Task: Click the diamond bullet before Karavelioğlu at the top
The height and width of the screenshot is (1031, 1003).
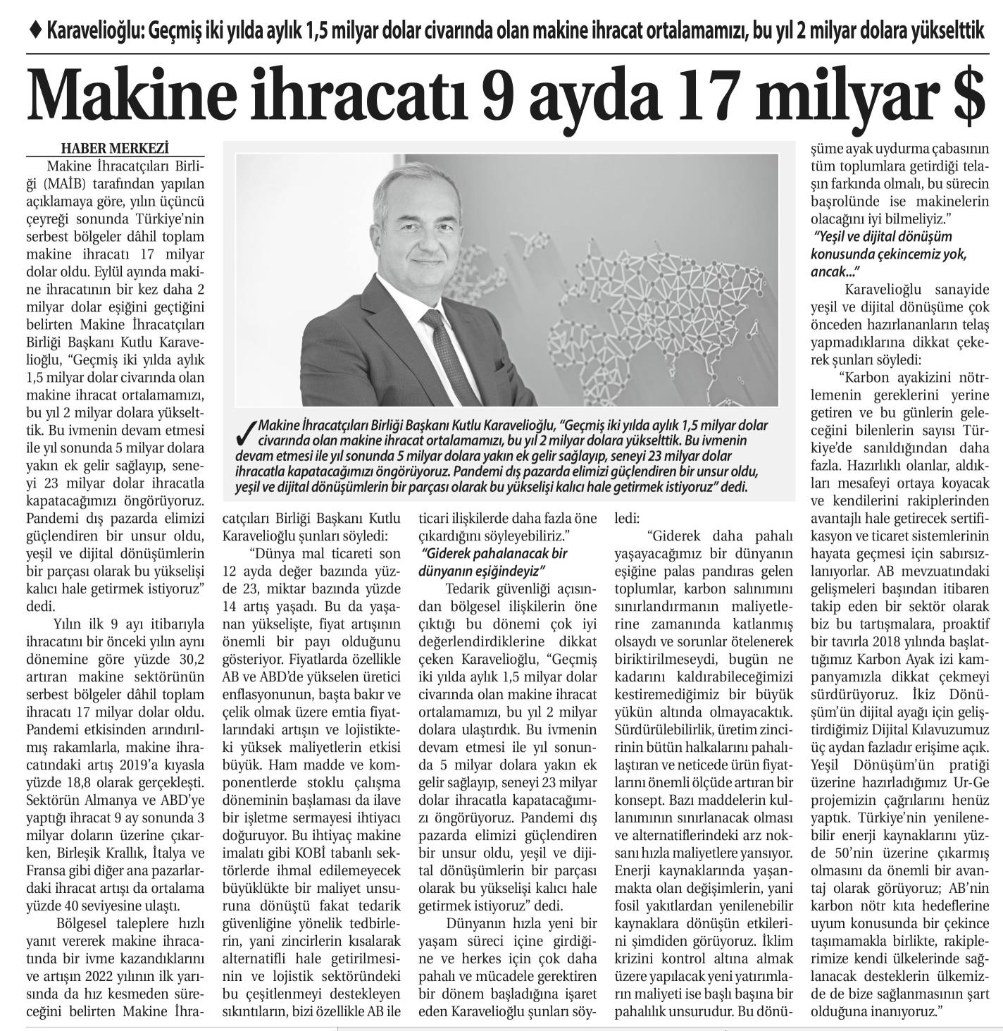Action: tap(37, 30)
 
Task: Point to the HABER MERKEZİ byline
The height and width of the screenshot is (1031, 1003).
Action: tap(116, 148)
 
